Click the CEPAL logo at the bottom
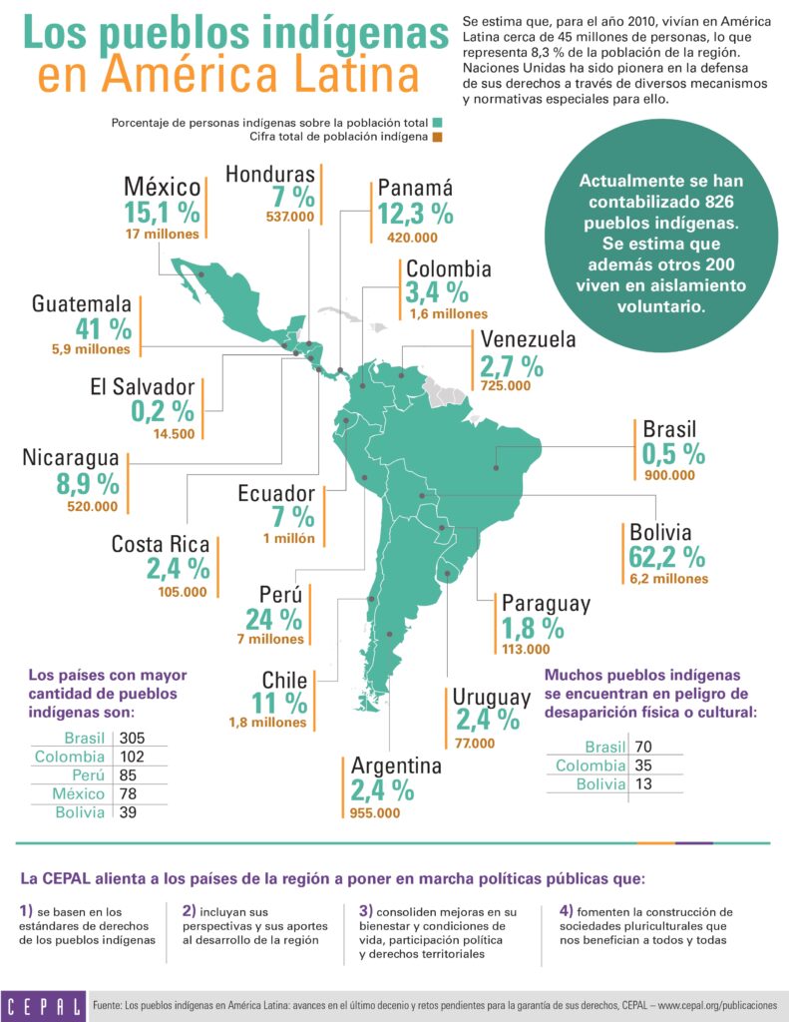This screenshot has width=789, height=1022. coord(43,1003)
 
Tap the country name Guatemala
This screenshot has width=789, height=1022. coord(82,303)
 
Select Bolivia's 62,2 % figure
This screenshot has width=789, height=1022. coord(666,557)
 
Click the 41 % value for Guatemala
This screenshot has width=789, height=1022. coord(104,327)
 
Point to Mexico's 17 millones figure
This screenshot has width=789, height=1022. coord(163,235)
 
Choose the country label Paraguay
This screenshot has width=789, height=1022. coord(546,604)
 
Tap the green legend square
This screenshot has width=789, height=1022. coord(437,123)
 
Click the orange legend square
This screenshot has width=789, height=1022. coord(437,137)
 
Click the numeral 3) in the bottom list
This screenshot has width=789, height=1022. coord(366,911)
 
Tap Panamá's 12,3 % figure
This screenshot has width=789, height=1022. coord(415,214)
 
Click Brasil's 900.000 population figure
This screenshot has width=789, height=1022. coord(668,475)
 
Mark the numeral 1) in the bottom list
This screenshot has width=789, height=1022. coord(27,911)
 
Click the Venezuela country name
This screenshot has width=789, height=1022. coord(528,340)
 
